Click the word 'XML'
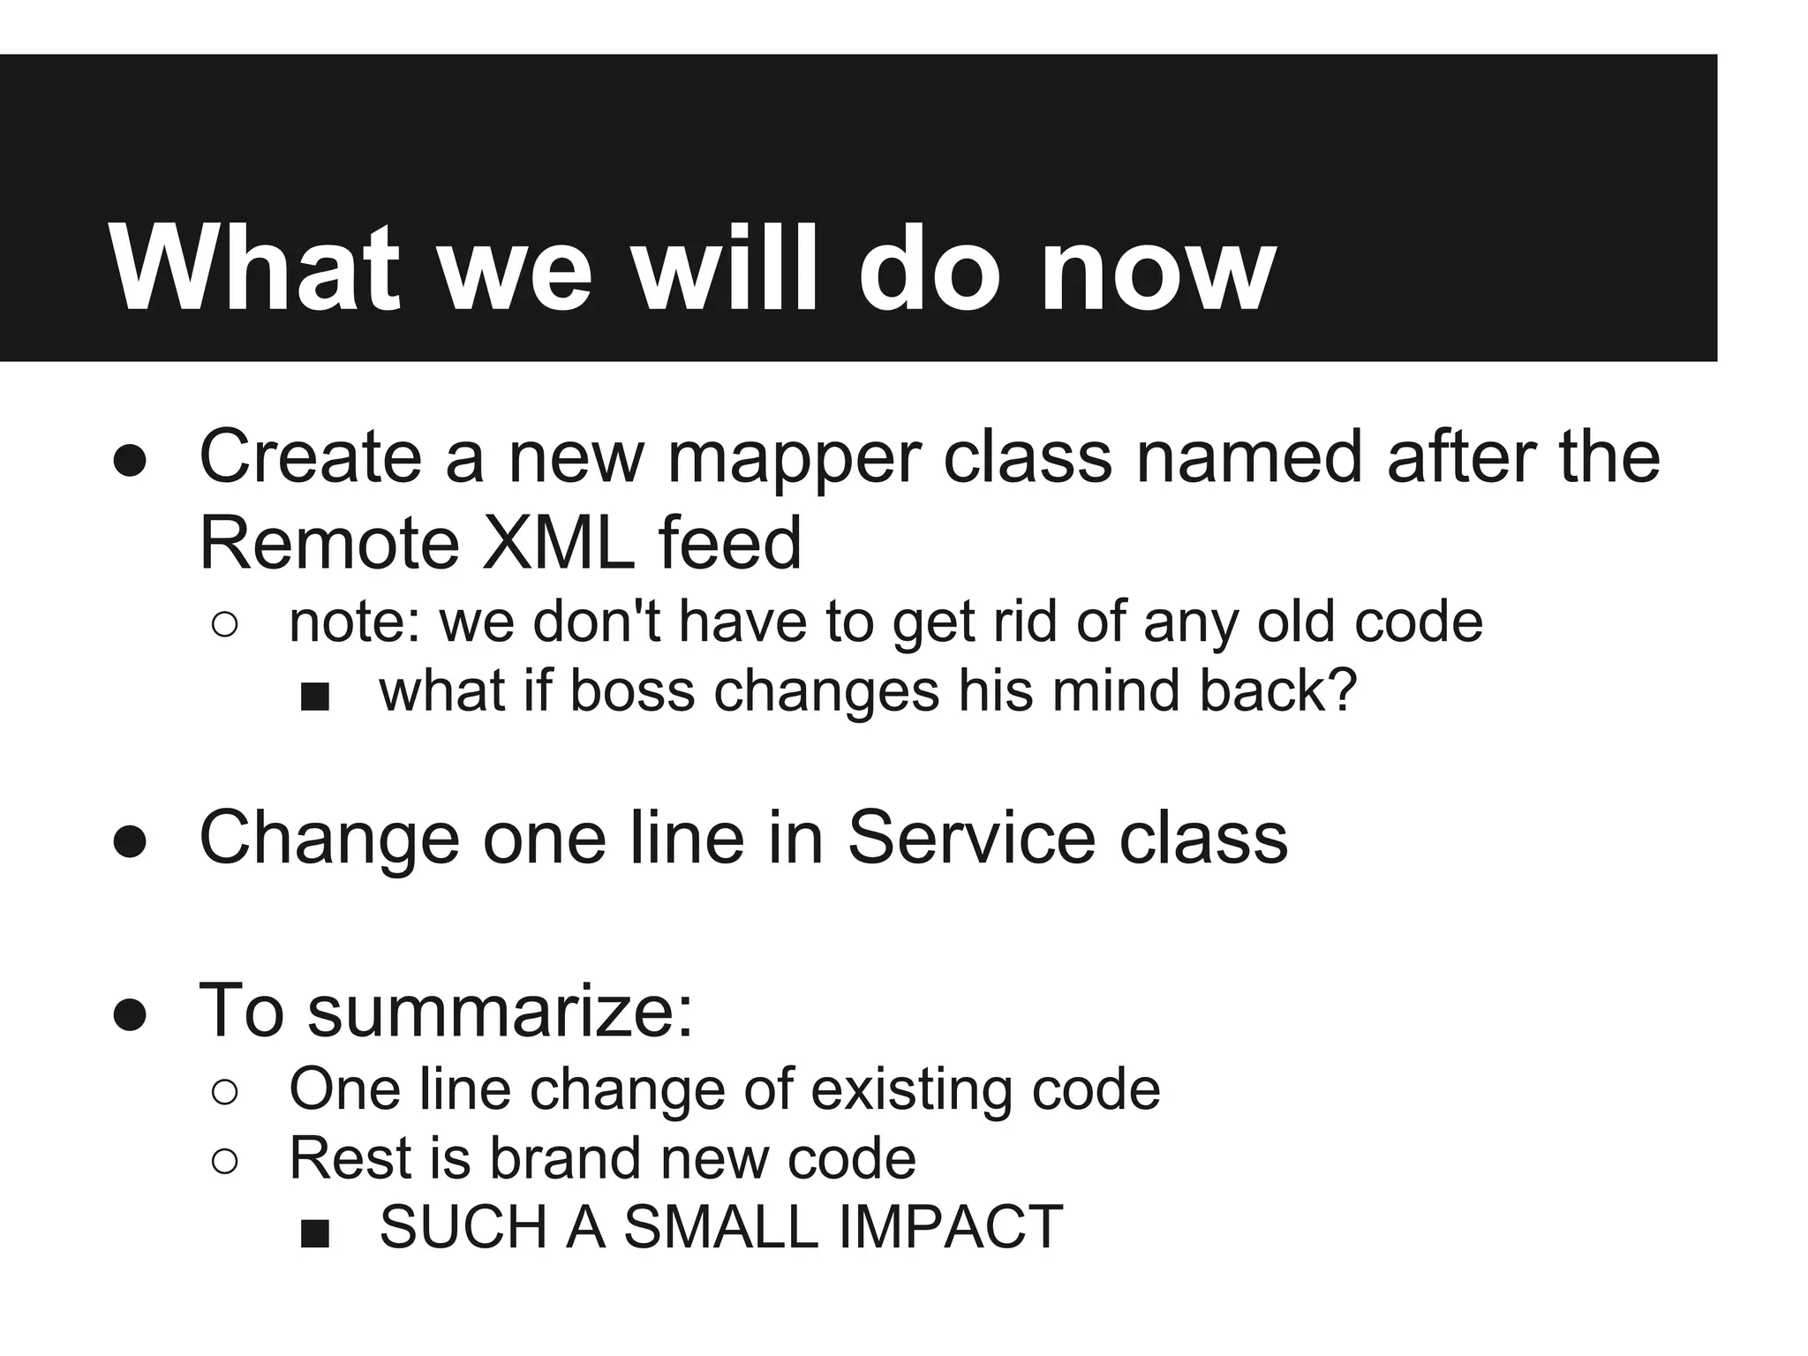click(x=559, y=543)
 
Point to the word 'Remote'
click(x=329, y=543)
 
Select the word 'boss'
click(x=632, y=691)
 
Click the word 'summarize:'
click(x=500, y=1011)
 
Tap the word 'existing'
click(x=911, y=1089)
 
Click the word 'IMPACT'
click(x=951, y=1228)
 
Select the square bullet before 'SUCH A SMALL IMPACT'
click(x=314, y=1233)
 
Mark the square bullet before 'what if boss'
click(x=314, y=697)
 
